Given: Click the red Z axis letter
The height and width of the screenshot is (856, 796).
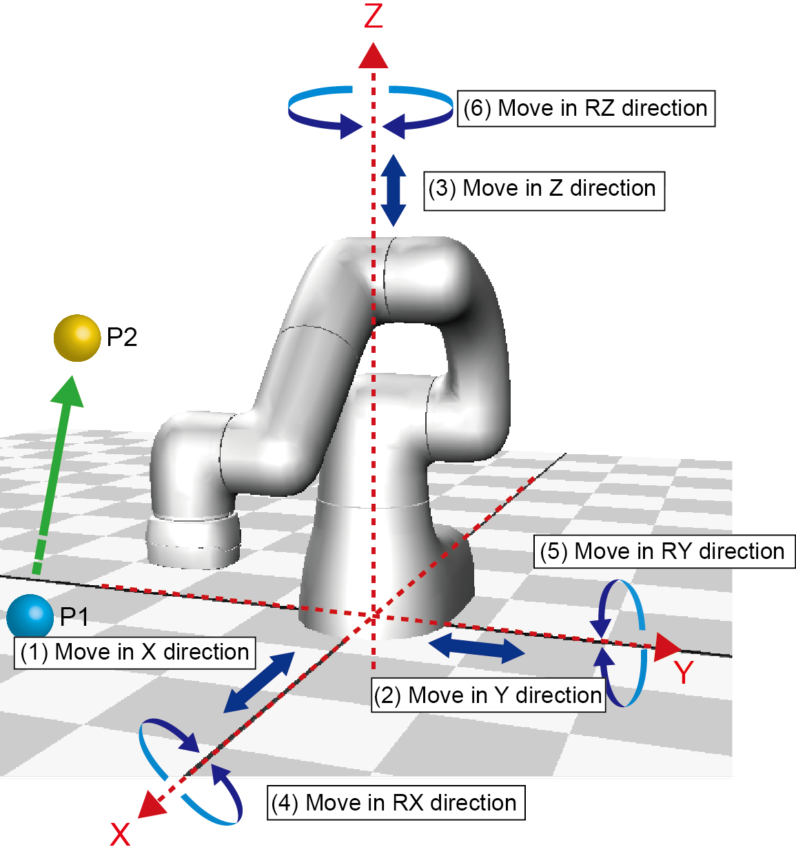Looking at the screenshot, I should click(x=373, y=16).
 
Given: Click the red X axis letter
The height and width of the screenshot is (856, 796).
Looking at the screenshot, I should click(x=120, y=835).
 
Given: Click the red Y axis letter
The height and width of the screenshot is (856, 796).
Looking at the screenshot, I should click(x=683, y=672).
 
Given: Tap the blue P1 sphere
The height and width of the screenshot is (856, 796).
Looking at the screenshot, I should click(x=30, y=617).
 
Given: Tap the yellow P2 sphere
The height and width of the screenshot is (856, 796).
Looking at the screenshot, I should click(x=77, y=338).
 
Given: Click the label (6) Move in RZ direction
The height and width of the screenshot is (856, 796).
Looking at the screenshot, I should click(x=586, y=109).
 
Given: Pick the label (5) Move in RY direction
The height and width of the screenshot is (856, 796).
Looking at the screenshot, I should click(x=663, y=552).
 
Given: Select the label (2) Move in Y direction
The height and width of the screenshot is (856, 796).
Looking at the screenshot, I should click(x=488, y=695).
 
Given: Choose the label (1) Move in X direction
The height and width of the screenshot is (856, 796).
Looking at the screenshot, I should click(x=134, y=652).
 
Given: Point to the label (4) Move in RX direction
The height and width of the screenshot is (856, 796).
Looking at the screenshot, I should click(x=396, y=803).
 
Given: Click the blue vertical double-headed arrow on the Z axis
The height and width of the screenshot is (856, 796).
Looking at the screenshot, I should click(x=394, y=190).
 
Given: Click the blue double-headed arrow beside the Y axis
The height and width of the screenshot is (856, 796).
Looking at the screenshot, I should click(x=476, y=647).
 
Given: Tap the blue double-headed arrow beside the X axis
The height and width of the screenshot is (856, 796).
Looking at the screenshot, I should click(x=260, y=682).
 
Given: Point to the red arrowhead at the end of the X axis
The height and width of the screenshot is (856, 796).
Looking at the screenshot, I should click(x=152, y=806).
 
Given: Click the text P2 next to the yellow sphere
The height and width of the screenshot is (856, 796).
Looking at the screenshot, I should click(x=122, y=338).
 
